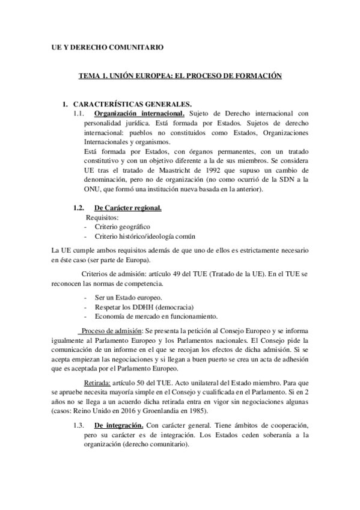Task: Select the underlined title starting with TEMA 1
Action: (181, 77)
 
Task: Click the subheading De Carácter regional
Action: (128, 208)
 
